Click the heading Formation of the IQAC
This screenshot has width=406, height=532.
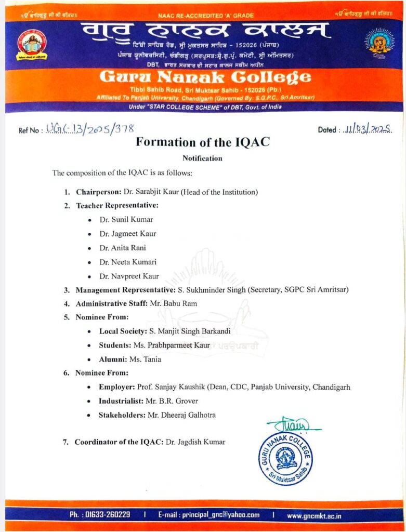pos(203,142)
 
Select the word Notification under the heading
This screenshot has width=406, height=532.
pos(202,158)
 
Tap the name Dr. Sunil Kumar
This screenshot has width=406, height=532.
pos(126,219)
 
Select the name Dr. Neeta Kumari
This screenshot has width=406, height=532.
pos(128,262)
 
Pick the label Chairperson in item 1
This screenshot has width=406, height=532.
pos(96,192)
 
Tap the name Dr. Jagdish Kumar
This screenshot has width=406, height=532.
pos(195,442)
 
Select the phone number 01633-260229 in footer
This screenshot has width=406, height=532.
pos(107,514)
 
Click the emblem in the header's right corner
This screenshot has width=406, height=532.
pos(382,41)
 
